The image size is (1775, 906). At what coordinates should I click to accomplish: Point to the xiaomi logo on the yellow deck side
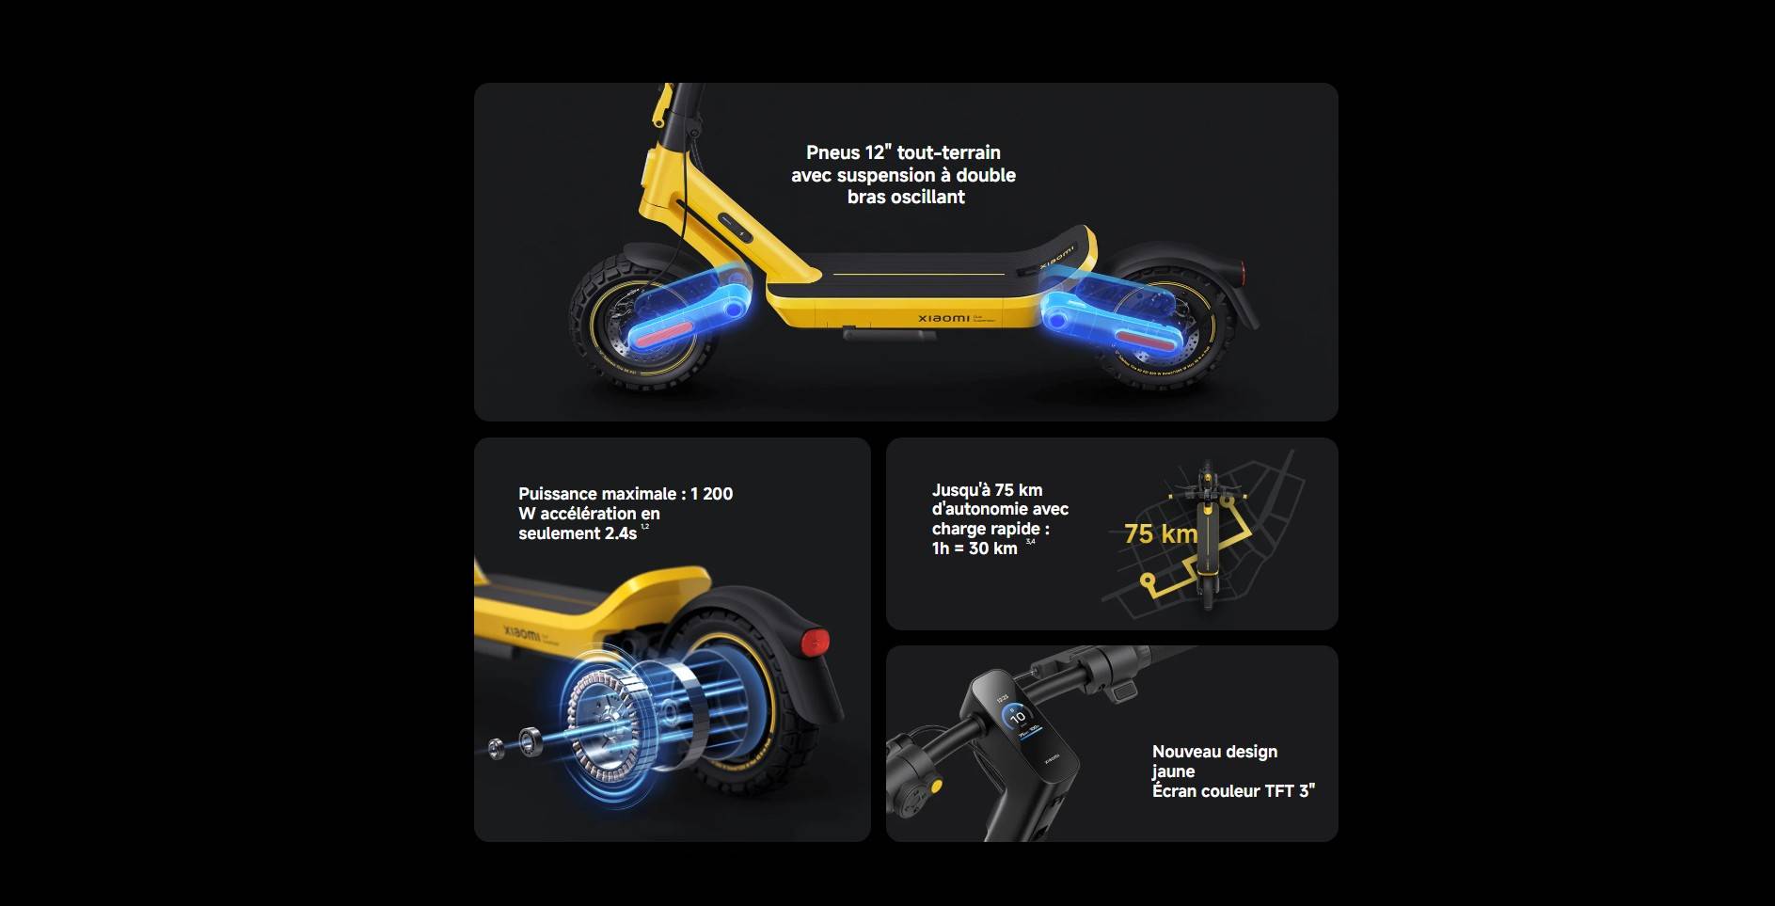[943, 318]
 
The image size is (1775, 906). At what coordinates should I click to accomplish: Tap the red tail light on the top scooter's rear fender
[1244, 273]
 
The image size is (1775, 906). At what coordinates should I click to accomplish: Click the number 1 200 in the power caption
[711, 494]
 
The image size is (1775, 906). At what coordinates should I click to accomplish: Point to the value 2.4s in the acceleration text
[621, 533]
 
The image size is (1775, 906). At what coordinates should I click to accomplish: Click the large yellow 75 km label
[1161, 534]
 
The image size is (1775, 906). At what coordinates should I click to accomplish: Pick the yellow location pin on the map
[1147, 582]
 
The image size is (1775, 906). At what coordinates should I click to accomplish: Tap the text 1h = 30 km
[975, 548]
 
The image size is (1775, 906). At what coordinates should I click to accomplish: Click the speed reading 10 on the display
[1017, 717]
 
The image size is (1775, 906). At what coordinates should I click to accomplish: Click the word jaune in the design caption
[1173, 771]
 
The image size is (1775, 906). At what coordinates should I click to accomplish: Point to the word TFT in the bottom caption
[1280, 791]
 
